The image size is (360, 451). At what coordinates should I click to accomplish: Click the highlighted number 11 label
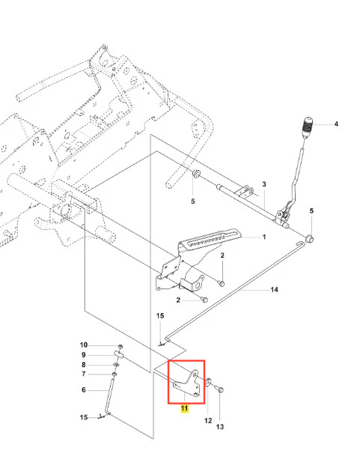click(x=184, y=408)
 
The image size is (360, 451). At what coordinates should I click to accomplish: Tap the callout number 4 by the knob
click(x=336, y=124)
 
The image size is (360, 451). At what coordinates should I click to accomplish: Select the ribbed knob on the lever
click(x=307, y=128)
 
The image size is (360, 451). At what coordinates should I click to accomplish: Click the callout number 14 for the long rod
click(x=274, y=290)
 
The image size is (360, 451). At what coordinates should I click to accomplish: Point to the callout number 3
click(x=264, y=184)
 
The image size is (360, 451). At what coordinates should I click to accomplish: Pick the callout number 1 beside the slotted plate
click(x=264, y=237)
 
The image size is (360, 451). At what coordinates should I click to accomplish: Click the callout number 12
click(x=208, y=420)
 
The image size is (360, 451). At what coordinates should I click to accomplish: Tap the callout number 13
click(x=220, y=426)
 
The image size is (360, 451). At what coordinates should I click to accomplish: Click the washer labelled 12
click(x=208, y=382)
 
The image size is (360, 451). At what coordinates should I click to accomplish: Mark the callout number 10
click(x=84, y=345)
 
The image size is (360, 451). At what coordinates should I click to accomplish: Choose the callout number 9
click(x=84, y=355)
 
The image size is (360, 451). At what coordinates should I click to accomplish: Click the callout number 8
click(x=84, y=365)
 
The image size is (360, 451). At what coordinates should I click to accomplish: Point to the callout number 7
click(x=84, y=374)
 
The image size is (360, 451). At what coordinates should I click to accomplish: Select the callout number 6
click(x=84, y=390)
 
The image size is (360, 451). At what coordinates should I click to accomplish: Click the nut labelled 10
click(x=121, y=345)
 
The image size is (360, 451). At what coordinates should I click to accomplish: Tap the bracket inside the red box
click(x=188, y=384)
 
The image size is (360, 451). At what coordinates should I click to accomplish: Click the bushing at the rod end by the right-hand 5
click(x=309, y=239)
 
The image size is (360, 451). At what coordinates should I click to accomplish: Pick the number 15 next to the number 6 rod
click(x=84, y=417)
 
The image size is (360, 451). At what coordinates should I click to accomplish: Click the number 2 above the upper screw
click(x=222, y=255)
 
